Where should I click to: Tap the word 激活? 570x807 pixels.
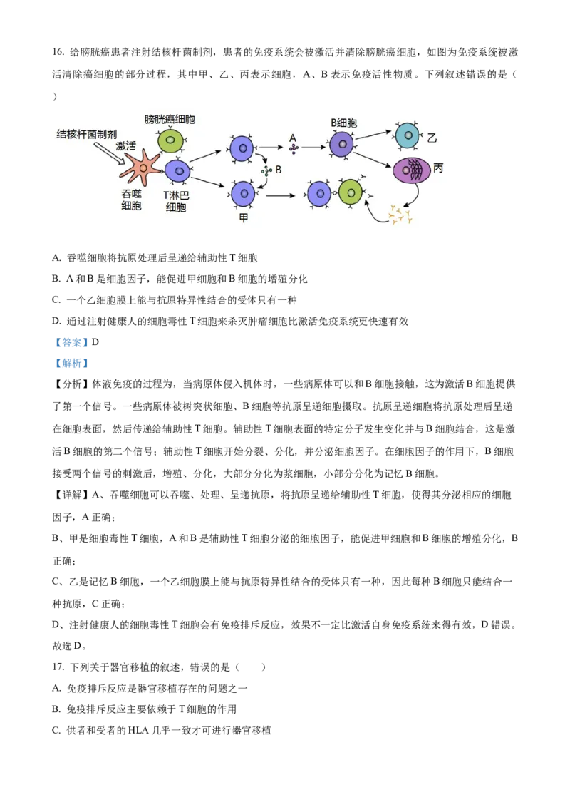point(125,145)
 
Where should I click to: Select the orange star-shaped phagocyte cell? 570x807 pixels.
point(142,169)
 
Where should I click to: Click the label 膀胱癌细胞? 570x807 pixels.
point(170,119)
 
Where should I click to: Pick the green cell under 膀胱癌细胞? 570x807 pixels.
point(170,140)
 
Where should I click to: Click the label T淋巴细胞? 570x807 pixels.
point(176,201)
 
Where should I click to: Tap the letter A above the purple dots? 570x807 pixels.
point(293,137)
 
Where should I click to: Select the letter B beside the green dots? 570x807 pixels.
point(279,170)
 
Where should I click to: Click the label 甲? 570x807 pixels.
point(244,218)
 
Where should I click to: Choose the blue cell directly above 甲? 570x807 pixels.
point(243,193)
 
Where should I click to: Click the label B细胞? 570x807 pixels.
point(343,123)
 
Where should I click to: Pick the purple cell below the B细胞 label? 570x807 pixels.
point(342,144)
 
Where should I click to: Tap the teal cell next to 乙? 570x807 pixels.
point(408,135)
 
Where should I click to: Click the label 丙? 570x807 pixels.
point(438,168)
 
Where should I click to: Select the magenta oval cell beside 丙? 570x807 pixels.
point(411,171)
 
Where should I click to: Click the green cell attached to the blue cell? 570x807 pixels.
point(351,192)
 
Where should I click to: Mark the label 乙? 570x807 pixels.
point(432,135)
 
